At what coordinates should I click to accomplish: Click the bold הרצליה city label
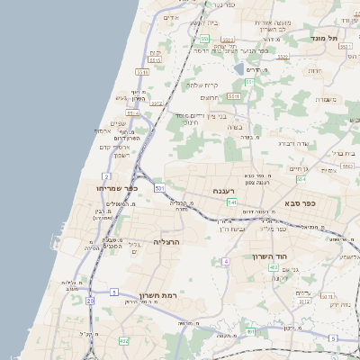(167, 242)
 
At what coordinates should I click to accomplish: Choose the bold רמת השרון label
(161, 293)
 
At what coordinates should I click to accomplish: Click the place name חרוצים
(209, 97)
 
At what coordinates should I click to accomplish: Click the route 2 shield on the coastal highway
(107, 176)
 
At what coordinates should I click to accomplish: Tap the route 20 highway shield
(91, 301)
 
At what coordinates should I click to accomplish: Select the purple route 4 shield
(226, 261)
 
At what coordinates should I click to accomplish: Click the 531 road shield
(158, 187)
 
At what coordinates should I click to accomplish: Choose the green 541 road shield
(231, 202)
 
